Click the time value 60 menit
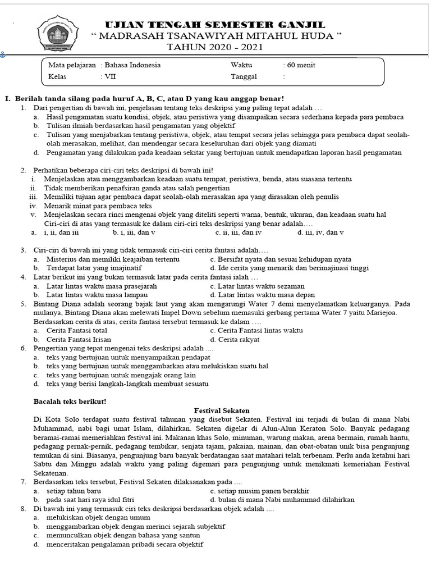(301, 65)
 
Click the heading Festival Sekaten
(221, 410)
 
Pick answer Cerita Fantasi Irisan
(79, 339)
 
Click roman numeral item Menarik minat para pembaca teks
(98, 206)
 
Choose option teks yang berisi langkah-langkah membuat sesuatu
(127, 384)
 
